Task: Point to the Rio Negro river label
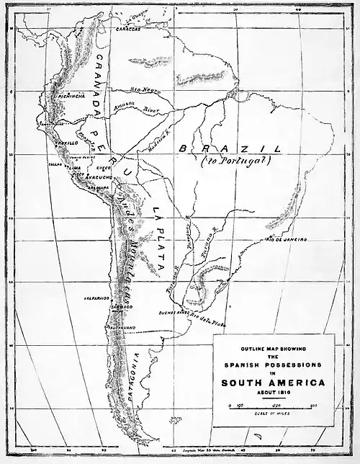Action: (145, 89)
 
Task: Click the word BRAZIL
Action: (231, 148)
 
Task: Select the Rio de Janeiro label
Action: (286, 238)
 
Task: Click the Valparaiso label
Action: (96, 297)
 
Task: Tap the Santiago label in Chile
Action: (121, 307)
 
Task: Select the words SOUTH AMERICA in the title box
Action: (273, 382)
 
